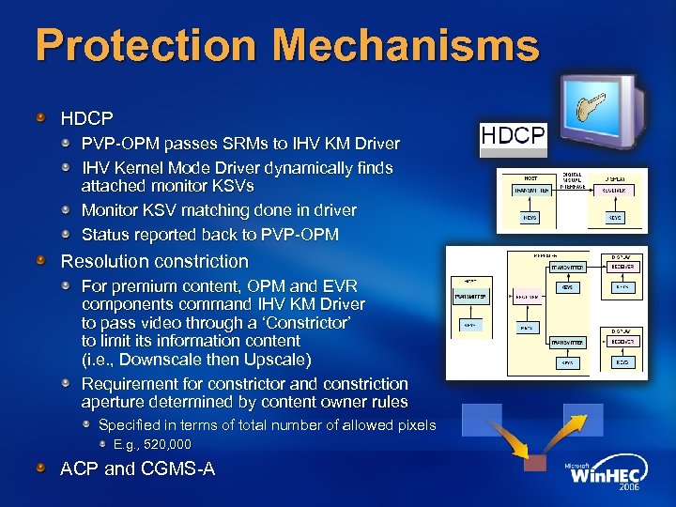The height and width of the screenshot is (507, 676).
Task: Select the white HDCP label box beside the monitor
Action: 512,136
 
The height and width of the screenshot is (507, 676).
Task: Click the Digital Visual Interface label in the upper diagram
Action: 572,180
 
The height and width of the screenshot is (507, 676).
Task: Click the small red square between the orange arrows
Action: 534,463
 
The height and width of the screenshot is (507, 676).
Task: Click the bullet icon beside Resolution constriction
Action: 41,261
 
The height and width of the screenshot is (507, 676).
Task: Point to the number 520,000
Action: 152,444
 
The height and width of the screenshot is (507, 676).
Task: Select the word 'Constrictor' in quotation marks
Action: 288,322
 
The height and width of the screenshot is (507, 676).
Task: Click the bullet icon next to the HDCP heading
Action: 41,119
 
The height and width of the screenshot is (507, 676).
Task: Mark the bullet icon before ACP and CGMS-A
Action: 41,468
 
